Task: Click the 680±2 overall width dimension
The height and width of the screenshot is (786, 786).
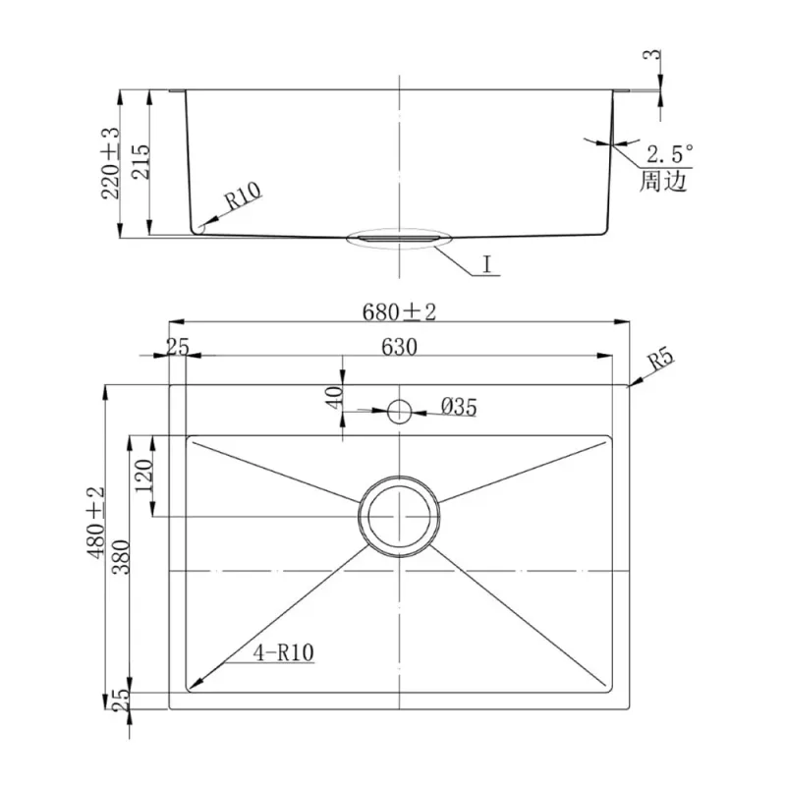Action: pos(399,312)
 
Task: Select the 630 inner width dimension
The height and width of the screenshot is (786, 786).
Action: pos(399,347)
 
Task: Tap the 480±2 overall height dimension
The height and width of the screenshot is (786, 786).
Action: pos(95,523)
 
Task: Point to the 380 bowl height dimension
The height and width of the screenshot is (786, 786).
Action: pos(121,557)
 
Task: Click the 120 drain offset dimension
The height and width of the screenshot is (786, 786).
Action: pos(143,476)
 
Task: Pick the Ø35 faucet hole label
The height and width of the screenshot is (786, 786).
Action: pos(459,407)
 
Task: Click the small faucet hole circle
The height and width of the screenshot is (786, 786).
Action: pos(399,412)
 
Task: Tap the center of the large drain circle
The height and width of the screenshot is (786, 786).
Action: pos(399,517)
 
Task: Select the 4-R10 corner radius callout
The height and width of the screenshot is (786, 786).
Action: pos(284,652)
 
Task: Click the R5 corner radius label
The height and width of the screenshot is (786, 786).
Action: pos(660,360)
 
